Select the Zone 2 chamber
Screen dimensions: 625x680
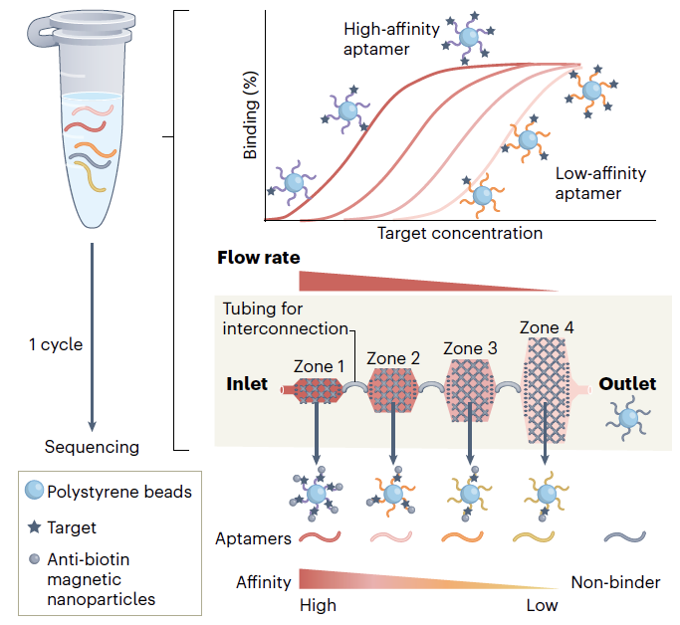click(x=395, y=387)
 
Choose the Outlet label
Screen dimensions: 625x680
click(x=627, y=384)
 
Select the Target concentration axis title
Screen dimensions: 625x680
click(x=460, y=233)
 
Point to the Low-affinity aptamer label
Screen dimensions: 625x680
click(x=600, y=183)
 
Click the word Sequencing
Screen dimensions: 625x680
click(x=92, y=446)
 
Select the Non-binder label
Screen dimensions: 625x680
click(x=615, y=581)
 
